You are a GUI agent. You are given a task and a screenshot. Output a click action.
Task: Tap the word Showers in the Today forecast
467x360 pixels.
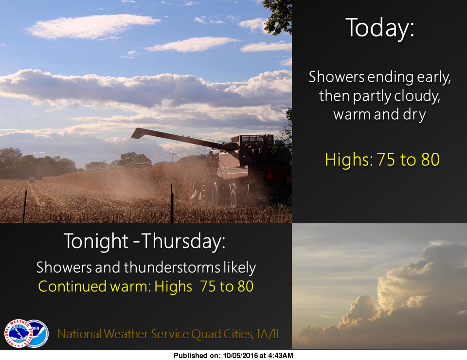336,77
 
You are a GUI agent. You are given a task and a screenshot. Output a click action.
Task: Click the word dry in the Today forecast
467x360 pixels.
414,115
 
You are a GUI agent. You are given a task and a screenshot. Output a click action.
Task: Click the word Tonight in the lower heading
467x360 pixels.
96,241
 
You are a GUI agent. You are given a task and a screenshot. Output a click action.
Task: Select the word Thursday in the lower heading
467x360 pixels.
182,241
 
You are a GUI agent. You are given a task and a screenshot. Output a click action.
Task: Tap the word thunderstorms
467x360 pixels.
172,267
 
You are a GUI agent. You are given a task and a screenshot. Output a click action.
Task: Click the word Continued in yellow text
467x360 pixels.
72,287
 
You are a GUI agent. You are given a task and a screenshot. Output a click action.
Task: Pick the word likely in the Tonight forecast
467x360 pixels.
240,268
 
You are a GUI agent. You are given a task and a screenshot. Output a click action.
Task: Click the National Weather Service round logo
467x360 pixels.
18,333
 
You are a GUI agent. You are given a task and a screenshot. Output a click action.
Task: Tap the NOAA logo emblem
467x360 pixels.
37,333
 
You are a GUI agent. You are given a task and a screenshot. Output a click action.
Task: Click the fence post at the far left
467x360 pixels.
25,207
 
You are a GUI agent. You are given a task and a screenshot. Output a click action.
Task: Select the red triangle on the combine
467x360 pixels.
270,176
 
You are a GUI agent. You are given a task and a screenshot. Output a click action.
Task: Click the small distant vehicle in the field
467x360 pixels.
32,180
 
